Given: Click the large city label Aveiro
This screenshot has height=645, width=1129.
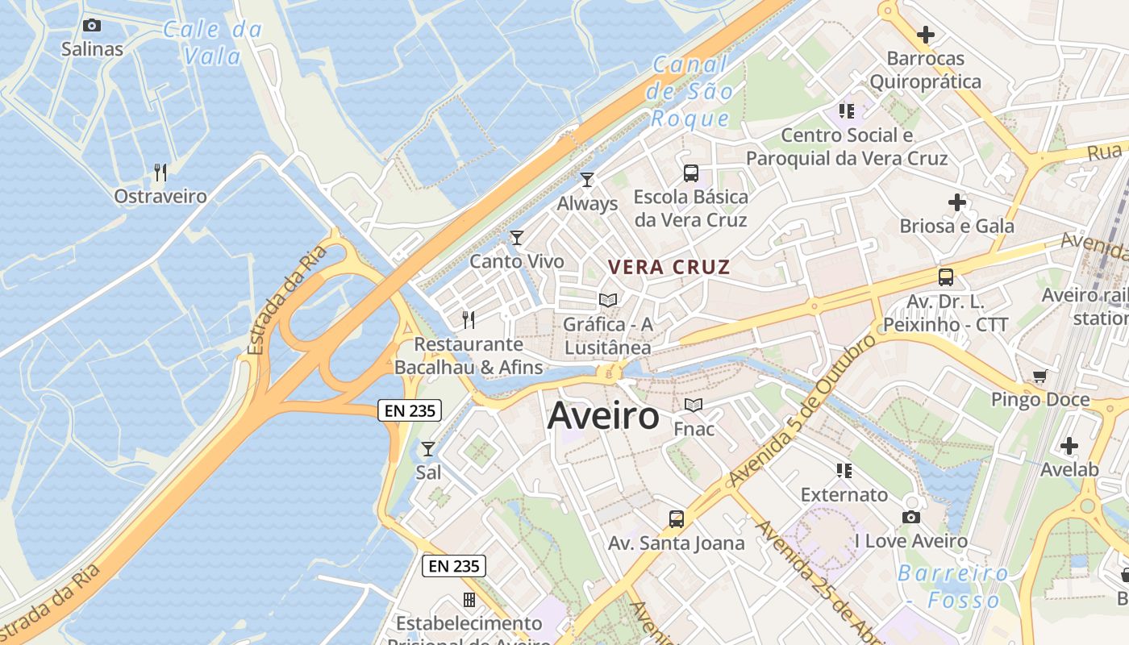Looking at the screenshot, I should pos(603,416).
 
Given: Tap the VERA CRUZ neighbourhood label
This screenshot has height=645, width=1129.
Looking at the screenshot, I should pos(669,267).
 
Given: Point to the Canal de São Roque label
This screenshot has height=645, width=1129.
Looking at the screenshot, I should pos(689,91).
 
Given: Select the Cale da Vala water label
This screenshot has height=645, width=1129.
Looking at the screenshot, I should pos(212,43).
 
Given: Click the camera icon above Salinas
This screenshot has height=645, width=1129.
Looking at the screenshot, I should pos(92,26).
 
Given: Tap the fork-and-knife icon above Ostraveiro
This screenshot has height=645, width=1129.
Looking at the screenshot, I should pos(160,173).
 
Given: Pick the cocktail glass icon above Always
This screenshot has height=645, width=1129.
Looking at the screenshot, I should pos(587,180).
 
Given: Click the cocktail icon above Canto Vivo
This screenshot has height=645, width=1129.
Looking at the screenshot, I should pos(517,238).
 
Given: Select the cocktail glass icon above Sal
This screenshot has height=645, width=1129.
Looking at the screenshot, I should pos(428,449).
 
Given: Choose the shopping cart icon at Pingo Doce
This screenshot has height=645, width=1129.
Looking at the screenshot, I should pos(1040,377).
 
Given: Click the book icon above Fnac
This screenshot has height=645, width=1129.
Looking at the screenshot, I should pos(694,405).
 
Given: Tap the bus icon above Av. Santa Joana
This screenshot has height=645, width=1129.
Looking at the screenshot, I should pos(677,519).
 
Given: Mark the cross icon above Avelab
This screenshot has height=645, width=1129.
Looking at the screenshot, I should pos(1069,446).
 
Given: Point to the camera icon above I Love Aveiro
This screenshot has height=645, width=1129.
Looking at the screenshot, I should pos(911,517).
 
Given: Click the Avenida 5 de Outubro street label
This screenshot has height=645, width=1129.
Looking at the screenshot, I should pos(802,411).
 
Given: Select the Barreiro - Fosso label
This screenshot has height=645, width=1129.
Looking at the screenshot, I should pos(953,587).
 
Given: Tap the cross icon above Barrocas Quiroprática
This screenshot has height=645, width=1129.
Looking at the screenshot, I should pos(926,35).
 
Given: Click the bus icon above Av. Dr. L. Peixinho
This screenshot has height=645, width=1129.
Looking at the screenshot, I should pos(946,277).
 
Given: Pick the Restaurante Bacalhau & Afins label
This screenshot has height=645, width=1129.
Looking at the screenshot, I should pos(469,356).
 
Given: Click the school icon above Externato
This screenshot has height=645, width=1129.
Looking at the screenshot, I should pos(844,471).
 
